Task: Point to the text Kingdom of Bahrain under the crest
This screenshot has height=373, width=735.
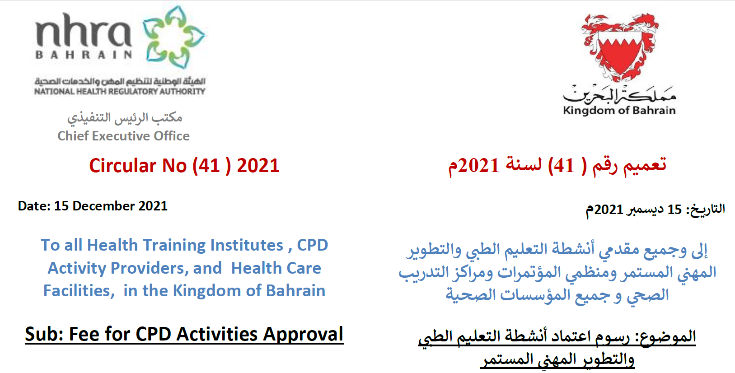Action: pos(619,110)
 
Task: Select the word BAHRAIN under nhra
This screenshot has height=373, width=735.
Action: pos(84,55)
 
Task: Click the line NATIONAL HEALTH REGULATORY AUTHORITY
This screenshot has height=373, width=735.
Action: pos(120,91)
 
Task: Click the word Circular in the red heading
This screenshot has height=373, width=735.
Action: pos(123,166)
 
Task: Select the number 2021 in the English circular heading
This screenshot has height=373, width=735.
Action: pos(258,166)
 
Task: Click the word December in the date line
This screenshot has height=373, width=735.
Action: pos(103,206)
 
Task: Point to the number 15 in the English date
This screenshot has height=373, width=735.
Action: pos(61,206)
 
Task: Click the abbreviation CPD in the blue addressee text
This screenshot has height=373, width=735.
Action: pos(312,245)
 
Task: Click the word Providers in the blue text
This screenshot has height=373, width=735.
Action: pos(149,268)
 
